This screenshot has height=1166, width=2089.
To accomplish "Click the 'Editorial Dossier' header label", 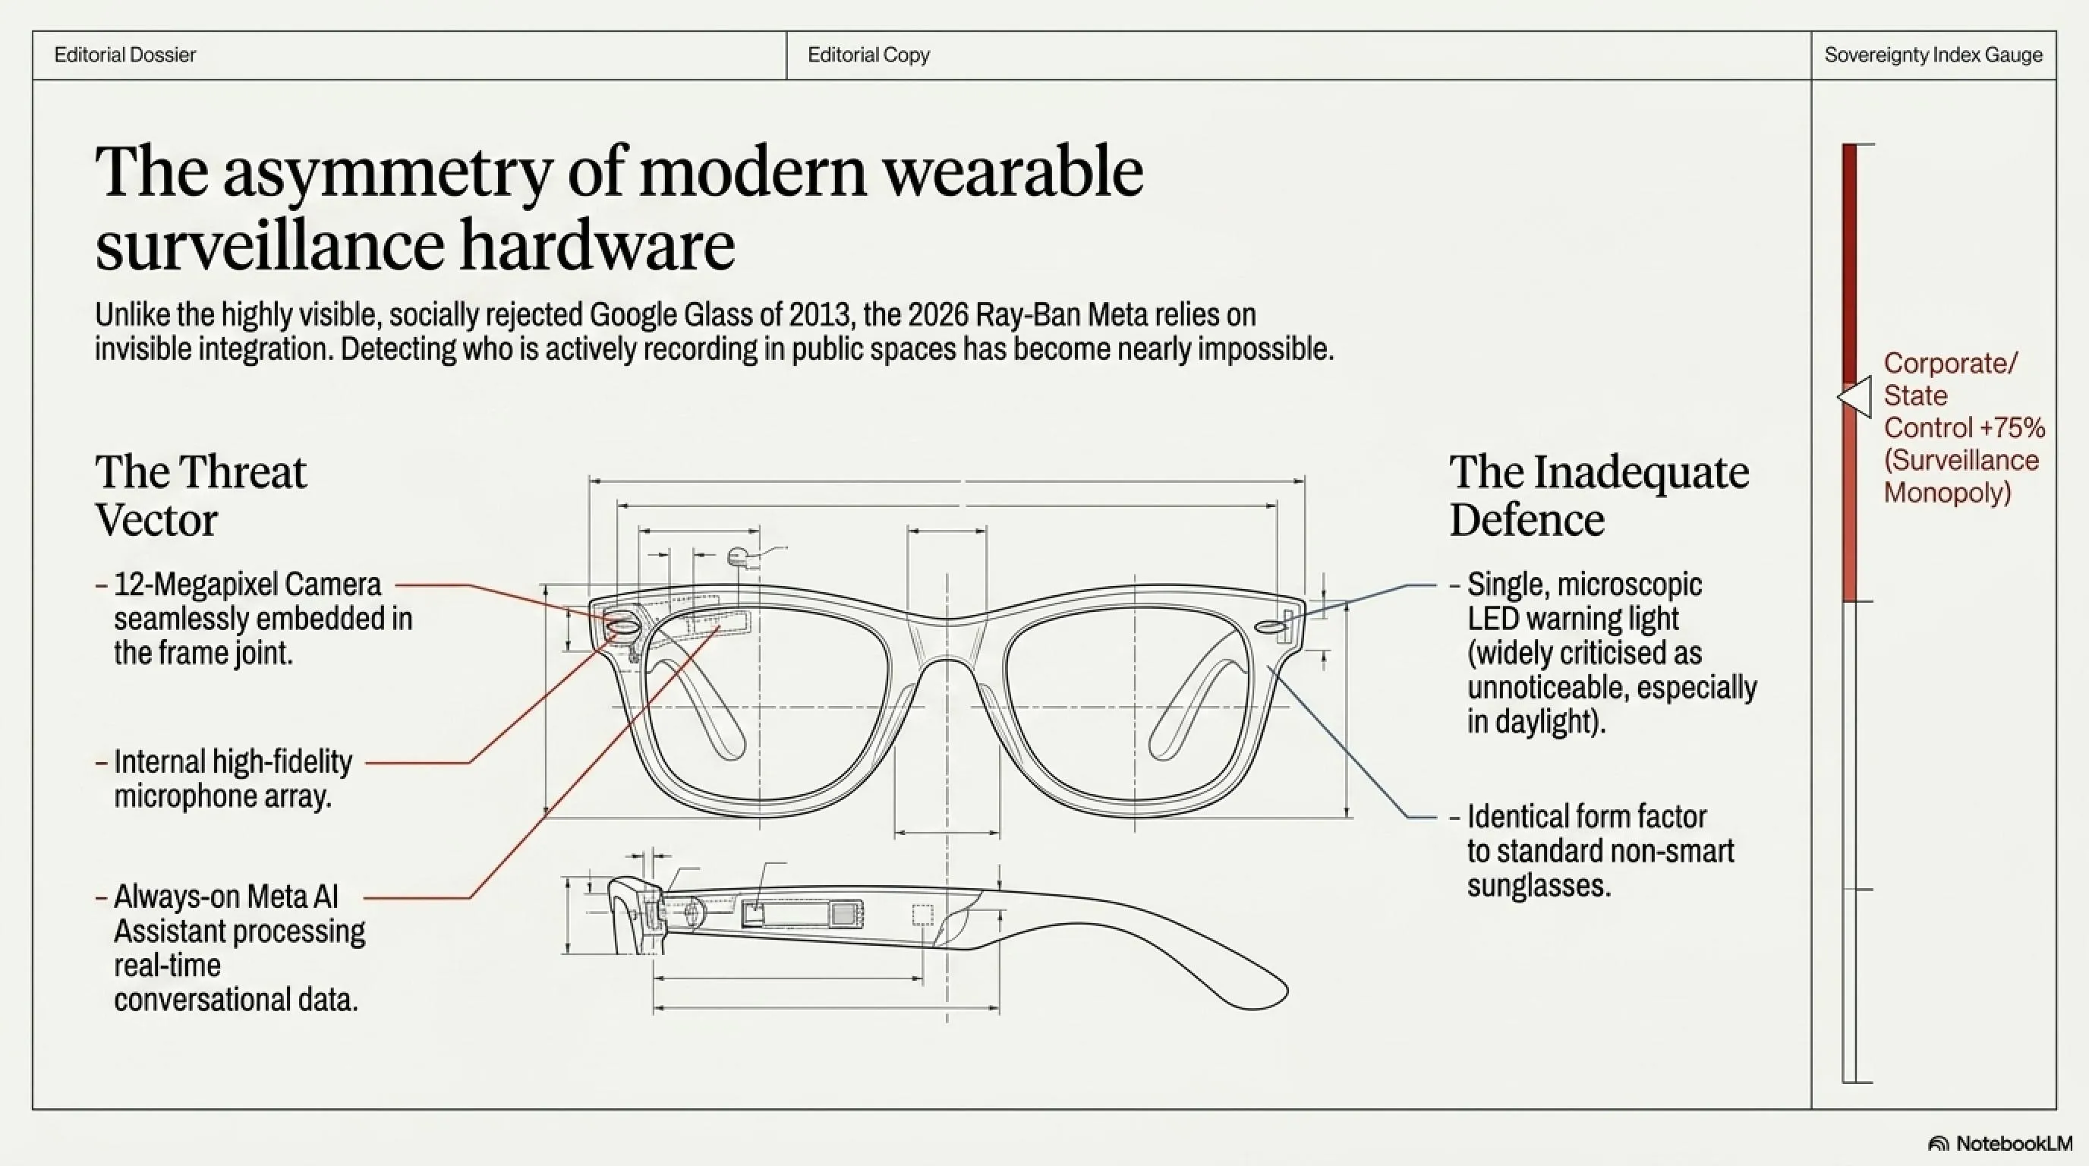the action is (x=125, y=55).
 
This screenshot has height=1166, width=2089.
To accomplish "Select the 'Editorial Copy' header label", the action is (x=868, y=55).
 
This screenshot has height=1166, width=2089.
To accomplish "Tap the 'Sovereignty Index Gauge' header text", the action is (x=1933, y=55).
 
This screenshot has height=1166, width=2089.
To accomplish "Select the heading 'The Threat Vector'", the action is (x=200, y=496).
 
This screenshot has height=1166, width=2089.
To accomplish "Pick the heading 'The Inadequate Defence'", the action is (x=1599, y=496).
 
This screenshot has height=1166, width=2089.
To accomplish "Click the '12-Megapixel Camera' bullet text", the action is (x=247, y=585).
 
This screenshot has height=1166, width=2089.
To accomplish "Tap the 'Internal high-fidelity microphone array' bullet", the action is (x=233, y=779).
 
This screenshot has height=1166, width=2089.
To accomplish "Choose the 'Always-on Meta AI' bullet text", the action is (x=226, y=897).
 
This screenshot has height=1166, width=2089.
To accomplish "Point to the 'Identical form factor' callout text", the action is (x=1587, y=817).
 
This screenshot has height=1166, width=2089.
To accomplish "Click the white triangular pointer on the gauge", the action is (x=1855, y=396).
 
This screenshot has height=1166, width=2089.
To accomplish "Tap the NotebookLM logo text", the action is (x=2014, y=1143).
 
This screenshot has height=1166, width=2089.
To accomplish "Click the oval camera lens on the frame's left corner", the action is (x=621, y=626).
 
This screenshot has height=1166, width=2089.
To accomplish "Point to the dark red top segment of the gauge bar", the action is (x=1849, y=263).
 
